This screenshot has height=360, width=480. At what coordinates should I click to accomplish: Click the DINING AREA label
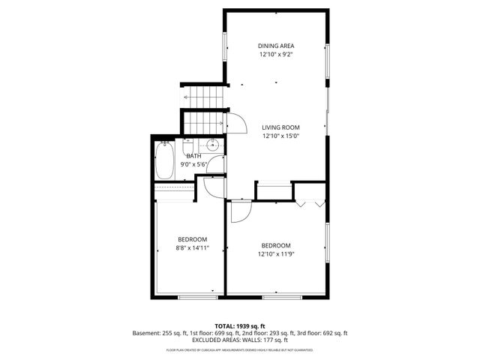pyautogui.click(x=276, y=46)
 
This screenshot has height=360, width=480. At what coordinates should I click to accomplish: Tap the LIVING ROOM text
pyautogui.click(x=281, y=127)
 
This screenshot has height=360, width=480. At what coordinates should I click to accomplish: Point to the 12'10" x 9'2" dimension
pyautogui.click(x=276, y=55)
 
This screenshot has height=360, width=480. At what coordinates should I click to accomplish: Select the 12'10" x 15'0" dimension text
pyautogui.click(x=281, y=136)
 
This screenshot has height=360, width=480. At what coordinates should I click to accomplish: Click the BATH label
pyautogui.click(x=193, y=156)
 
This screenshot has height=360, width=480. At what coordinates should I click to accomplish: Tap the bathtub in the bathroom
pyautogui.click(x=165, y=160)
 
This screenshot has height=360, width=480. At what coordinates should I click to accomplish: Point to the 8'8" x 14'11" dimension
pyautogui.click(x=193, y=248)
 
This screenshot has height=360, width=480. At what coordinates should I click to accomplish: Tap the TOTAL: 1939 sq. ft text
pyautogui.click(x=240, y=326)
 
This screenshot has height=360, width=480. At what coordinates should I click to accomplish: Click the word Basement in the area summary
pyautogui.click(x=146, y=333)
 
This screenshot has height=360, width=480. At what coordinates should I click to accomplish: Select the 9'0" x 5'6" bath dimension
pyautogui.click(x=193, y=164)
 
